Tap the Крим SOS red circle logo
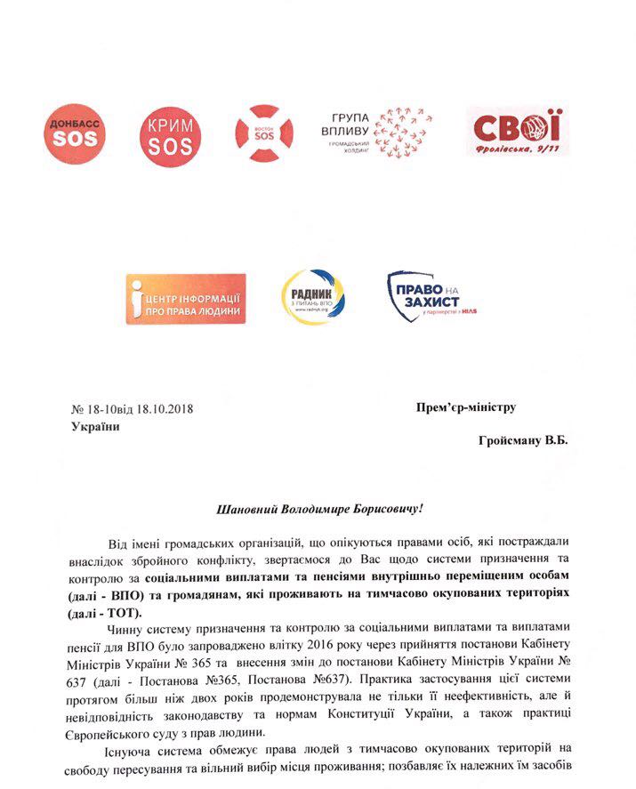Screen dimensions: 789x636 [165, 133]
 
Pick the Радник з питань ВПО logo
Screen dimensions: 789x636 [312, 298]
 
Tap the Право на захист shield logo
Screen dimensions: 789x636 [427, 298]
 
